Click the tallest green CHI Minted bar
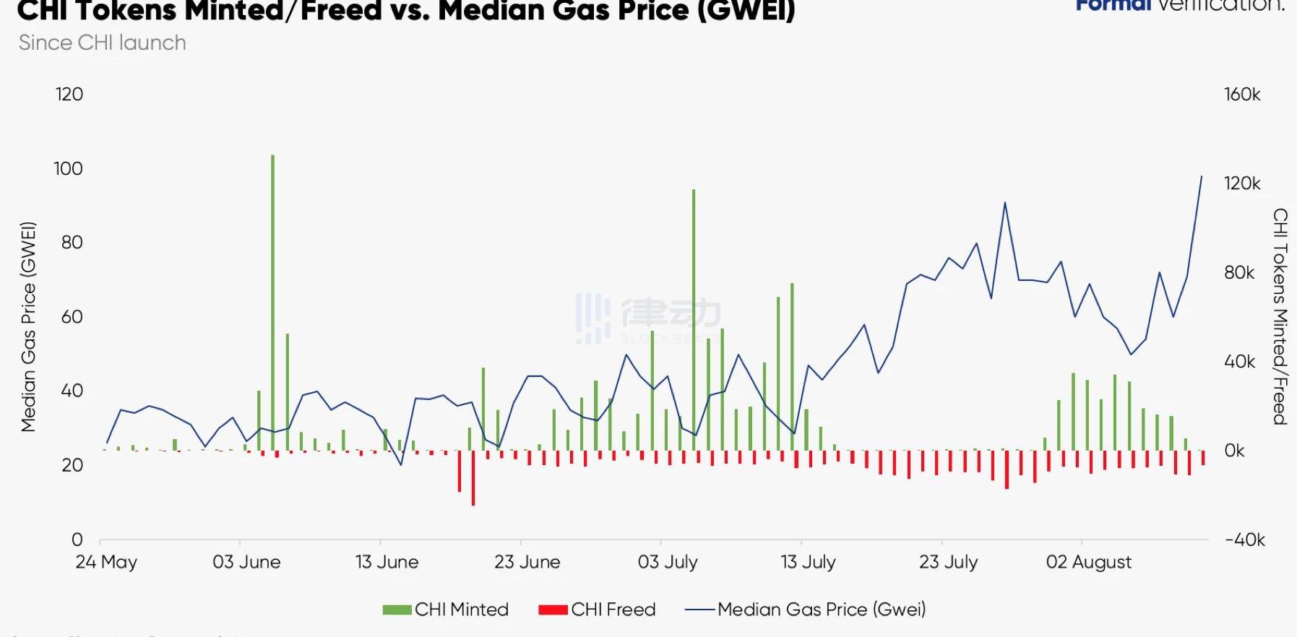[x=272, y=303]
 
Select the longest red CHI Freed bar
[x=473, y=478]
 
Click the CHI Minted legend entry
[x=447, y=610]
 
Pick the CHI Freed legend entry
[x=598, y=610]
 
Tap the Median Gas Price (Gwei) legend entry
[x=806, y=610]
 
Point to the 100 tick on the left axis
[x=68, y=169]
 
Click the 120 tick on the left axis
[x=69, y=95]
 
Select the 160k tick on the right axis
[x=1242, y=95]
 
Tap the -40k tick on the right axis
[x=1244, y=539]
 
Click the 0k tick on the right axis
[x=1234, y=451]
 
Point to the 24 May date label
[x=106, y=562]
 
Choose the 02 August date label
[x=1088, y=562]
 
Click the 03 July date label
[x=667, y=562]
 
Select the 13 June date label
[x=387, y=562]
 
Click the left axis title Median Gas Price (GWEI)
[x=28, y=326]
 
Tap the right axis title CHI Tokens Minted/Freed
[x=1280, y=316]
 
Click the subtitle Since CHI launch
[x=102, y=43]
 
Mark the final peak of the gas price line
[x=1202, y=177]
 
